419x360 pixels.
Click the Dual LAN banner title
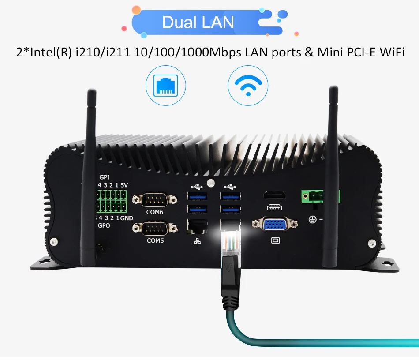tap(198, 22)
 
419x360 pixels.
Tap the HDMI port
tap(275, 195)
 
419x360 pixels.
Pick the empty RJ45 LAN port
tap(198, 227)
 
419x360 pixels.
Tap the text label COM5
tap(155, 241)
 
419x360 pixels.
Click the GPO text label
tap(105, 225)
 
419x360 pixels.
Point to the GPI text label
tap(105, 177)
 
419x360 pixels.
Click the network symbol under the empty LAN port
tap(197, 241)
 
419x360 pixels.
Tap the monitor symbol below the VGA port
tap(276, 240)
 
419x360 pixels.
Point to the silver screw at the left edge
tap(54, 241)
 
